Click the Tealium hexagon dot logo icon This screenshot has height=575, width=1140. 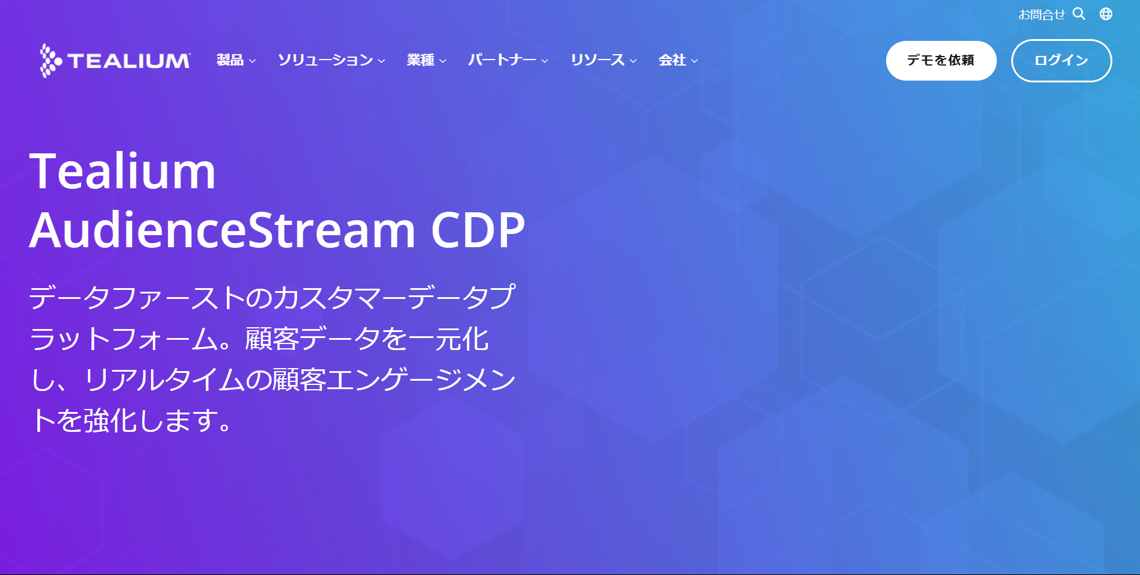51,60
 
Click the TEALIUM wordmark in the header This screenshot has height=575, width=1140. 129,61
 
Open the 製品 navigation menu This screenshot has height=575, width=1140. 230,60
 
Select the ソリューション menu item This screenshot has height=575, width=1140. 325,60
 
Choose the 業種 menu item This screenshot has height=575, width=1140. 421,60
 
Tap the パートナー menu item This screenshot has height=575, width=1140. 502,60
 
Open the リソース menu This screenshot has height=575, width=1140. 598,60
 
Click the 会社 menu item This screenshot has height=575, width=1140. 672,60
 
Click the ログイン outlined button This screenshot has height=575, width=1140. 1062,61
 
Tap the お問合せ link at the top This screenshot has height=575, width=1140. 1042,14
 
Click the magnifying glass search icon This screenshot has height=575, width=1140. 1079,14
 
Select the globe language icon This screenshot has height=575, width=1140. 1106,14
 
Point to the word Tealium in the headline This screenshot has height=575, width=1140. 123,171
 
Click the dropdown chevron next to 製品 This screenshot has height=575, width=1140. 253,61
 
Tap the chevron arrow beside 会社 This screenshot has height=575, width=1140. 695,61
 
